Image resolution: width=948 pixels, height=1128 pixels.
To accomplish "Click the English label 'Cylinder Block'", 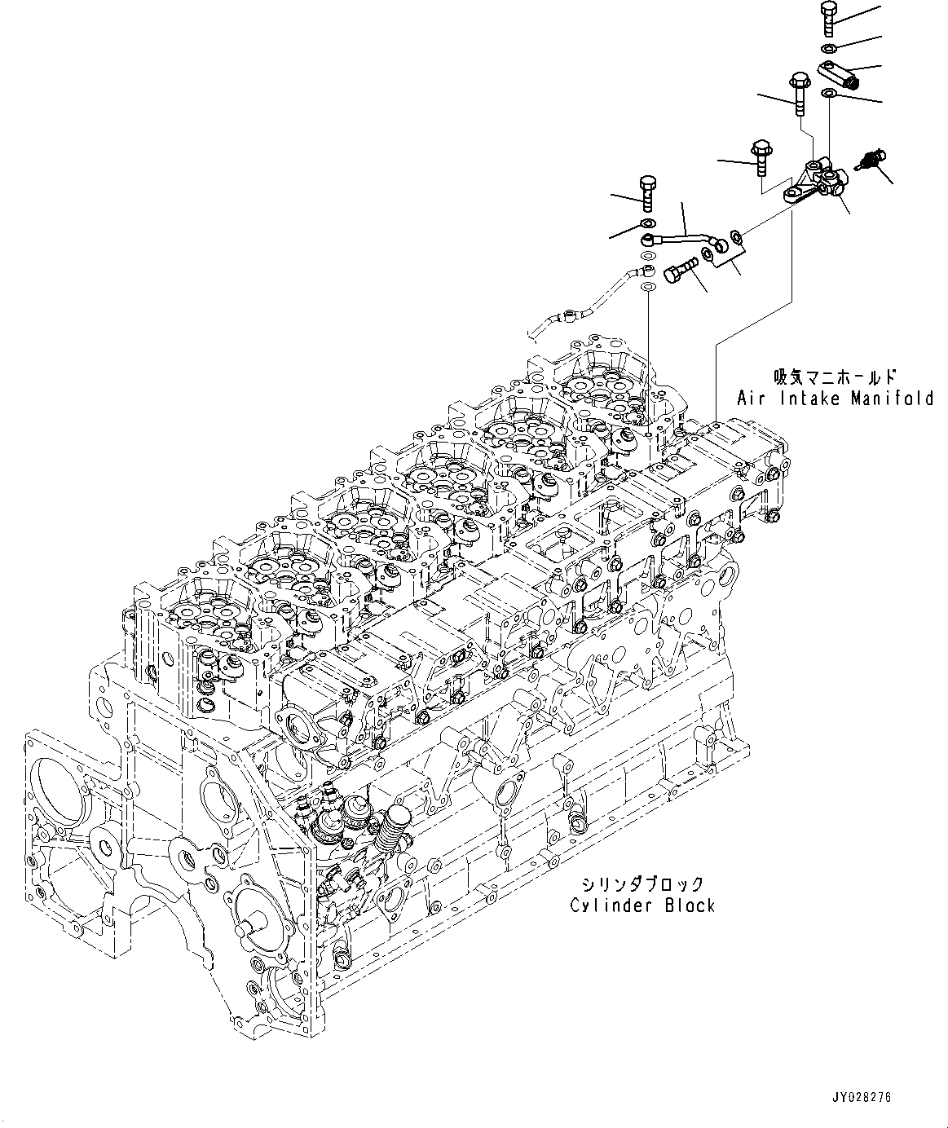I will (642, 905).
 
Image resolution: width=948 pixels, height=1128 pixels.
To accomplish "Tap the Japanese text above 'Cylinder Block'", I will (642, 884).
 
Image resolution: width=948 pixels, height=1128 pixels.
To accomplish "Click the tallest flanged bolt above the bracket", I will (797, 93).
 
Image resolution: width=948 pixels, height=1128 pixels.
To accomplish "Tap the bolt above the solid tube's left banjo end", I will (648, 192).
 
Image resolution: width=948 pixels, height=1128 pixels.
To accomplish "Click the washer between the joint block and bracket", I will (828, 96).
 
